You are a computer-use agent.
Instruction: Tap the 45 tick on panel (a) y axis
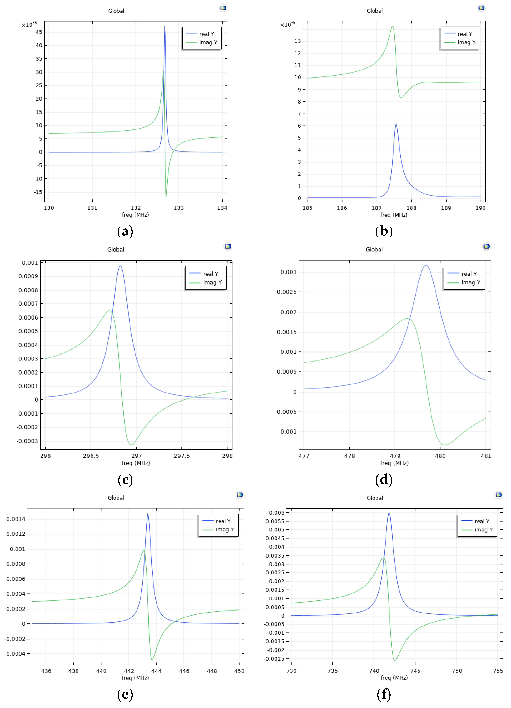(39, 32)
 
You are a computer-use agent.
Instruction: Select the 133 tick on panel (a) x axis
(179, 208)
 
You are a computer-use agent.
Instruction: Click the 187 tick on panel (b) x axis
(376, 208)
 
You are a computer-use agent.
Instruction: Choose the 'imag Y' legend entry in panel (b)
(466, 42)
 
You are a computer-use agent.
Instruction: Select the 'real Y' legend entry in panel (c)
(211, 274)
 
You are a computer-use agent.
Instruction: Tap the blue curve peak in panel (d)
(426, 266)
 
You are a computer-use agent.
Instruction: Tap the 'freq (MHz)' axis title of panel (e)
(135, 678)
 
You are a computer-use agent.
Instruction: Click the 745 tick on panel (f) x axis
(415, 671)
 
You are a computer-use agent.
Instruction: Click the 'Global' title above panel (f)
(375, 498)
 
